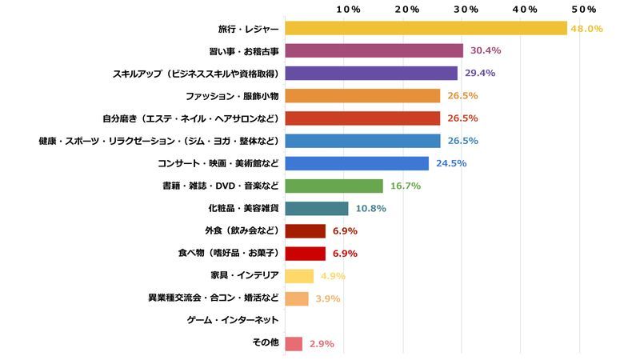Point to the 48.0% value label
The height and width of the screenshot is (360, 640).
click(x=586, y=29)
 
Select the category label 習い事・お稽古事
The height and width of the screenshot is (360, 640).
click(x=242, y=51)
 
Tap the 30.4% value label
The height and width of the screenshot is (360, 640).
click(x=486, y=50)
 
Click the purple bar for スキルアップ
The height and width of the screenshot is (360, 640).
click(x=371, y=74)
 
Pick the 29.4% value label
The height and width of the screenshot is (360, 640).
click(x=480, y=74)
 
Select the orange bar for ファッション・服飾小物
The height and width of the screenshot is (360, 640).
click(x=362, y=96)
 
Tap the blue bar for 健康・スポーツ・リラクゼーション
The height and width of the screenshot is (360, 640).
click(x=362, y=141)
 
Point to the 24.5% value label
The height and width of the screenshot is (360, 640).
click(x=451, y=163)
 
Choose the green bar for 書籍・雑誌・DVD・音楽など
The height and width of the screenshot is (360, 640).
click(x=334, y=186)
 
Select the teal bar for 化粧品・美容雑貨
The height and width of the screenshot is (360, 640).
click(x=317, y=209)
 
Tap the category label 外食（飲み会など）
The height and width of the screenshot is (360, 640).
click(x=240, y=231)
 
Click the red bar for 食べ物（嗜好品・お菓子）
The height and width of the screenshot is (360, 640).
click(x=305, y=254)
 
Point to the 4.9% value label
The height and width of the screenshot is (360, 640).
click(x=333, y=276)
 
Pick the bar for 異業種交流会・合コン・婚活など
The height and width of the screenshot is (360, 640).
click(x=296, y=298)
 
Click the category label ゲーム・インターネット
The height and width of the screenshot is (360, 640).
click(x=233, y=321)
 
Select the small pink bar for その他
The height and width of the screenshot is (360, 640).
click(x=293, y=344)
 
